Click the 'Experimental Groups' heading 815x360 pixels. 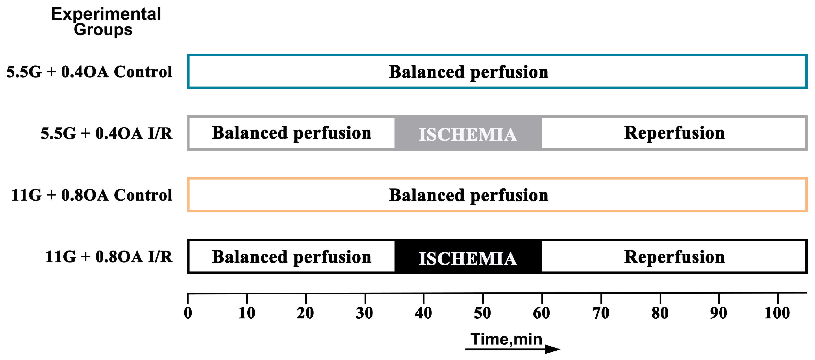pyautogui.click(x=106, y=22)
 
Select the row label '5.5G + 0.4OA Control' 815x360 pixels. pyautogui.click(x=89, y=72)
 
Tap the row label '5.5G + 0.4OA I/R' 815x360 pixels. pyautogui.click(x=106, y=133)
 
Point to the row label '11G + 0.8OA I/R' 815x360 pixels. pyautogui.click(x=109, y=257)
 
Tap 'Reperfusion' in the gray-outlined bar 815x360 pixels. pyautogui.click(x=674, y=133)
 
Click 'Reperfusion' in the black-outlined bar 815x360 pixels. pyautogui.click(x=674, y=257)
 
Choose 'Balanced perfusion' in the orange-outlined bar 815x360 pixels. pyautogui.click(x=468, y=195)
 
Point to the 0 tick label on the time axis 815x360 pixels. pyautogui.click(x=188, y=313)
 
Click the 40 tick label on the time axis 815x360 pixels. pyautogui.click(x=423, y=313)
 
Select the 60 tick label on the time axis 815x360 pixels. pyautogui.click(x=541, y=313)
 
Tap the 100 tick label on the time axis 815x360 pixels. pyautogui.click(x=777, y=313)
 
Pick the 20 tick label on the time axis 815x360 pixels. pyautogui.click(x=305, y=313)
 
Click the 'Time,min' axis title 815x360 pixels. pyautogui.click(x=506, y=339)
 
